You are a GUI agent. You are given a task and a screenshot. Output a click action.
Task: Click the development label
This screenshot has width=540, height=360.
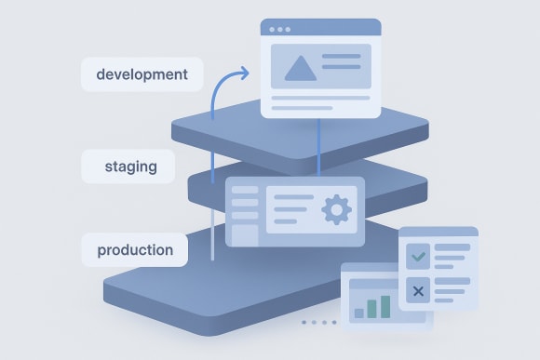click(142, 74)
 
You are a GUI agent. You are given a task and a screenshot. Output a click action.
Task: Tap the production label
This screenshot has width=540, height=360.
click(134, 249)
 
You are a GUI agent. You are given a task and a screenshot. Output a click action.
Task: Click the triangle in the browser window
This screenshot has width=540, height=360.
click(298, 68)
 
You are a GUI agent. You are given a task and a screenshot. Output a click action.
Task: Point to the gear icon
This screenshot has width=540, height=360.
click(335, 210)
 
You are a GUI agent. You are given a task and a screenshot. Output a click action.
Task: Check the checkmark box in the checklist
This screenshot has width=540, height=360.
click(418, 253)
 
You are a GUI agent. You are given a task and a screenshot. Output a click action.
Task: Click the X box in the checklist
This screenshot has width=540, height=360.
click(418, 292)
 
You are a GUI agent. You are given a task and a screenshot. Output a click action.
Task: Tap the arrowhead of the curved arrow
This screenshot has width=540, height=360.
click(245, 72)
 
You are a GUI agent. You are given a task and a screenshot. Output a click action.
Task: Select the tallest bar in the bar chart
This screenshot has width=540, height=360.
click(385, 305)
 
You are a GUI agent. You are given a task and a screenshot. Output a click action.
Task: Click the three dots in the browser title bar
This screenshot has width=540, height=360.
click(278, 29)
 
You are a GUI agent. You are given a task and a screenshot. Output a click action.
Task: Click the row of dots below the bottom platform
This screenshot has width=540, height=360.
click(319, 322)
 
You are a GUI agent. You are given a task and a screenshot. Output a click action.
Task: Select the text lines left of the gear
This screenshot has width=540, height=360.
click(293, 210)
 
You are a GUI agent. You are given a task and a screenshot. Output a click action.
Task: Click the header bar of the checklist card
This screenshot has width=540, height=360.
click(438, 233)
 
